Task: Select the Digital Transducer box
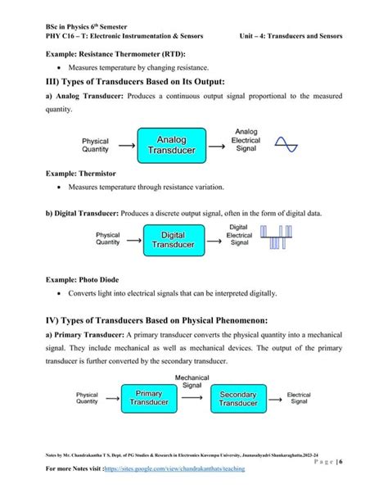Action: tap(173, 239)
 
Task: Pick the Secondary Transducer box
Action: tap(238, 399)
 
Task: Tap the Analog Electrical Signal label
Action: tap(247, 143)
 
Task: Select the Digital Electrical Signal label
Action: tap(239, 234)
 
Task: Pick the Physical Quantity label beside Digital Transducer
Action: tap(108, 238)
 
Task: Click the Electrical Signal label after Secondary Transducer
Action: tap(298, 399)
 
